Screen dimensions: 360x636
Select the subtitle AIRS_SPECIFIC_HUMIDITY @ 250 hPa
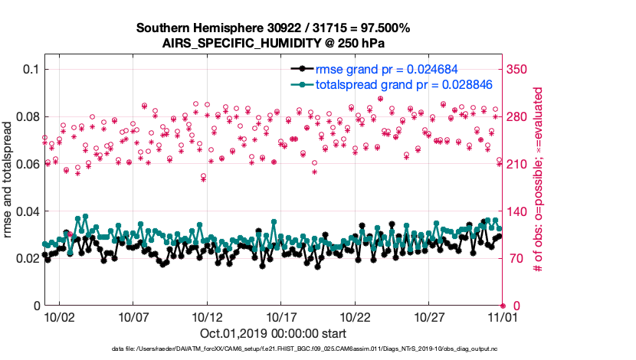pyautogui.click(x=274, y=43)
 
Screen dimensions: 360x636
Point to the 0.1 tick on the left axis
pyautogui.click(x=31, y=69)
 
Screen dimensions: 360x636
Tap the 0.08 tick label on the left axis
pyautogui.click(x=28, y=116)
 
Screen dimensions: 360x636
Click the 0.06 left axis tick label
pyautogui.click(x=28, y=164)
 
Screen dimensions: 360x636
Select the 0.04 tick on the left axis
pyautogui.click(x=28, y=211)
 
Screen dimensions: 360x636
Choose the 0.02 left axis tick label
pyautogui.click(x=28, y=259)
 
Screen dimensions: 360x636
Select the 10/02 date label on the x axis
pyautogui.click(x=59, y=316)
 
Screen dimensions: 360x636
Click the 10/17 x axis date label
pyautogui.click(x=281, y=316)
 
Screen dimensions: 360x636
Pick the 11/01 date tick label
pyautogui.click(x=502, y=316)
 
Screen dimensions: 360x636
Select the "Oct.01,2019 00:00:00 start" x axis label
pyautogui.click(x=274, y=333)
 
